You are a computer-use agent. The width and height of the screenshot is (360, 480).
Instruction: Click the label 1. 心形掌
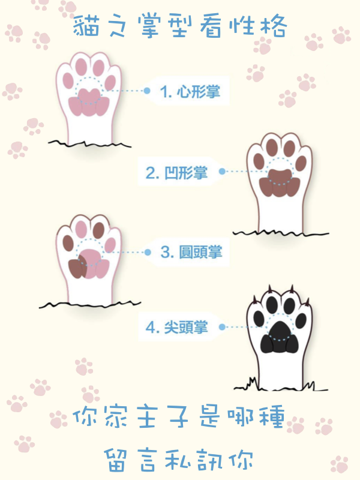[190, 91]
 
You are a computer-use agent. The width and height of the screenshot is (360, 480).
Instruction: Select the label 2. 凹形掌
[176, 172]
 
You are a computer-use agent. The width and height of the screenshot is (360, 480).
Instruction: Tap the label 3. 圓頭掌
[191, 252]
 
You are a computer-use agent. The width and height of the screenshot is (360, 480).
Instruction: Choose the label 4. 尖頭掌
[176, 327]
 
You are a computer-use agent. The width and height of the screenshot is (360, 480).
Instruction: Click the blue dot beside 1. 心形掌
[147, 91]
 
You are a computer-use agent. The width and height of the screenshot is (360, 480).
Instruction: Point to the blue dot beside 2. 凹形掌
[223, 172]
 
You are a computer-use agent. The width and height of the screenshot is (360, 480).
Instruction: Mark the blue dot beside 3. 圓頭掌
[148, 252]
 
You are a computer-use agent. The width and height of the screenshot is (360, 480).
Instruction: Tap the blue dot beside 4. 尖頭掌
[222, 327]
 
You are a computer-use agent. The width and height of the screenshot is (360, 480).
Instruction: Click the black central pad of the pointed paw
[280, 336]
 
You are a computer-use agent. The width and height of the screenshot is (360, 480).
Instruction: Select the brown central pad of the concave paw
[280, 183]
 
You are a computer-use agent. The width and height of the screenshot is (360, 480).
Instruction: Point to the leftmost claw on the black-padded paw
[254, 299]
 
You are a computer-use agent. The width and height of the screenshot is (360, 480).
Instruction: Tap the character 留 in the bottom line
[116, 460]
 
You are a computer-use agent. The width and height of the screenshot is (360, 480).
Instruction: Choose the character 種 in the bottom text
[272, 416]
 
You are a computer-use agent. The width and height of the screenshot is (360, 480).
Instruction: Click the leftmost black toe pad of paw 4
[259, 319]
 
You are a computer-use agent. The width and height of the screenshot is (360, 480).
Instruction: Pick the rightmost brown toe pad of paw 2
[301, 163]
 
